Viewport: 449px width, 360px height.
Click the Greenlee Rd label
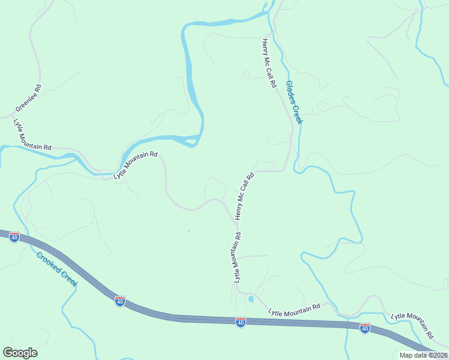(28, 98)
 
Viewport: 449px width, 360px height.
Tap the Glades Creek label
(294, 103)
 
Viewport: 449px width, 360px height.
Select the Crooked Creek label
(56, 269)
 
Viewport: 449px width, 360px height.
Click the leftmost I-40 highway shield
(14, 236)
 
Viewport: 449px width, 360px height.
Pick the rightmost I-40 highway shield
(365, 328)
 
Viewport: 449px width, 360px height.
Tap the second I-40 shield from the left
(120, 301)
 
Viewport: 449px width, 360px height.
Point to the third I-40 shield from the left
(241, 323)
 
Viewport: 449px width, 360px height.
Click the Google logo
(20, 353)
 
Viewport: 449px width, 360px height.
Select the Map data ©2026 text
(423, 355)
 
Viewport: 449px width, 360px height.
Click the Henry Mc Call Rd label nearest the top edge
(268, 64)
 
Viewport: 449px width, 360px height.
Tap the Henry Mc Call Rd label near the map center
(244, 196)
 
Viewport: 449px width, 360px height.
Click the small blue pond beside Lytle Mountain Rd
(251, 298)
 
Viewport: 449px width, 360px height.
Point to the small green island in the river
(191, 142)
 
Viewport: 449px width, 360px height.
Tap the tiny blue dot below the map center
(188, 231)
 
